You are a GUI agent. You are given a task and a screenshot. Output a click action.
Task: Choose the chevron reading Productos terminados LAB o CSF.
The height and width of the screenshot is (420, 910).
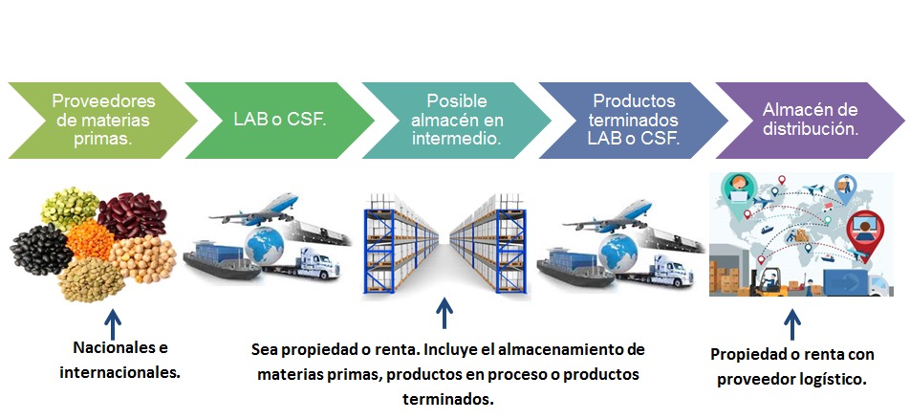[634, 121]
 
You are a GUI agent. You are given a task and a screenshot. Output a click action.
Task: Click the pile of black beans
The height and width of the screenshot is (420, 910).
[40, 249]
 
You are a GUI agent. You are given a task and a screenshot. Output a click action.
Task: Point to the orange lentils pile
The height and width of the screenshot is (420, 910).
[90, 238]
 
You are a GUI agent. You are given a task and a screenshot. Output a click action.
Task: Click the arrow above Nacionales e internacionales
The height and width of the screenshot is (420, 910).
[113, 323]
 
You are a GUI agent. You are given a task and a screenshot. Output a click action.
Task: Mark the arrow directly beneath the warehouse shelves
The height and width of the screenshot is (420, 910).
[444, 313]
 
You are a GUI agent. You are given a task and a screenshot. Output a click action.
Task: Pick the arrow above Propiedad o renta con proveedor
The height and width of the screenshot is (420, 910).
[791, 324]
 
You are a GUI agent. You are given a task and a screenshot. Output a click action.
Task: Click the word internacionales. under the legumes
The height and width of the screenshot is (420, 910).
[119, 372]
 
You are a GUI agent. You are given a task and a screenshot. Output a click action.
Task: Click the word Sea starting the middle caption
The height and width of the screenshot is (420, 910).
[263, 351]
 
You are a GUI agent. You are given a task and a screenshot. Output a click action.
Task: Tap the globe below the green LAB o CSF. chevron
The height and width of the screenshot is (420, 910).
[265, 246]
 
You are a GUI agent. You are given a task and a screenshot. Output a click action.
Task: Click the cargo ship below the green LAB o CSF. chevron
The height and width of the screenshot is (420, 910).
[222, 261]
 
